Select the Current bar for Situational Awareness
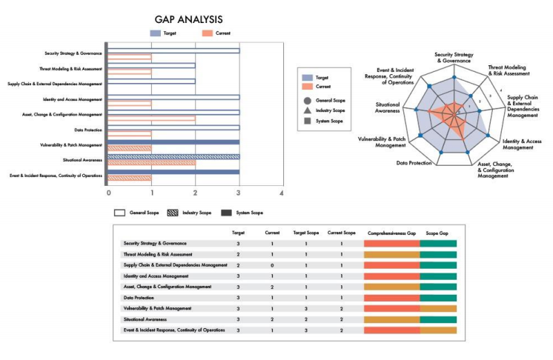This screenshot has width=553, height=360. coord(152,163)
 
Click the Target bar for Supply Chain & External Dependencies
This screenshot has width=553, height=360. coord(152,81)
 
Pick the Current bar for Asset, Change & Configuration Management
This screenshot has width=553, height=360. coord(152,118)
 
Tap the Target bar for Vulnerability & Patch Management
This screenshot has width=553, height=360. coord(173,141)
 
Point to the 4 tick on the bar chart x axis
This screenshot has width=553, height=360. coord(282,193)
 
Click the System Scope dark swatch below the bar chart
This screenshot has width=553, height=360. coord(227,213)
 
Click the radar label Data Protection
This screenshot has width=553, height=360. coord(414,162)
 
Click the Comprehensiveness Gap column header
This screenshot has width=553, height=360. coord(391,233)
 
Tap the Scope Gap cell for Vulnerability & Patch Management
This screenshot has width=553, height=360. coord(438,308)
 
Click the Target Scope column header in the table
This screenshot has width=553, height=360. coord(305,233)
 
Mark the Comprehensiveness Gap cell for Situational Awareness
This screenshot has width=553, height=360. coord(392,319)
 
